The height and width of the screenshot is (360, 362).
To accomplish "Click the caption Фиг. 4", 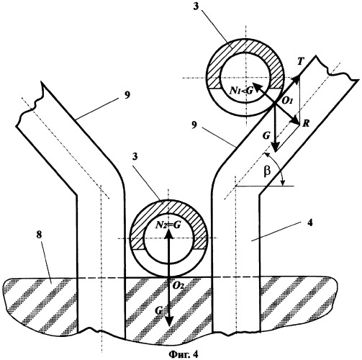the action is click(184, 354).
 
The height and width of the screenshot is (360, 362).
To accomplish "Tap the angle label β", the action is click(268, 171).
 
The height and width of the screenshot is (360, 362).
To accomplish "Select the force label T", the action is click(300, 62).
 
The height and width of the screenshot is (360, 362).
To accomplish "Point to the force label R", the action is click(307, 124).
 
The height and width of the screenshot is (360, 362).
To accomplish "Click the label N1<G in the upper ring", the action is click(241, 91).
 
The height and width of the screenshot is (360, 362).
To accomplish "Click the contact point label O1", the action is click(286, 101).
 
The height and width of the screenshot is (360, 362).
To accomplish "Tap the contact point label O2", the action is click(178, 286).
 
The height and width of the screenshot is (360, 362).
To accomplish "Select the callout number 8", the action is click(39, 235).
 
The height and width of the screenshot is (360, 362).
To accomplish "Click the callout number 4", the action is click(310, 222).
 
